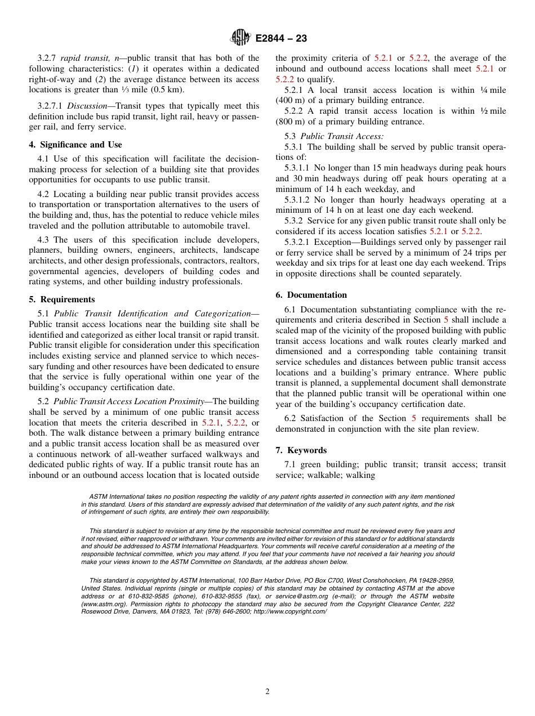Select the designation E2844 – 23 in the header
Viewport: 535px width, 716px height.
[x=281, y=39]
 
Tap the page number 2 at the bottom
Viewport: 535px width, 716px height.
[x=267, y=692]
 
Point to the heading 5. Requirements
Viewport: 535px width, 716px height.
[x=62, y=299]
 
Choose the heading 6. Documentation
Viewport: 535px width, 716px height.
[x=311, y=295]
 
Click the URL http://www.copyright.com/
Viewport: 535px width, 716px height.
[x=290, y=612]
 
